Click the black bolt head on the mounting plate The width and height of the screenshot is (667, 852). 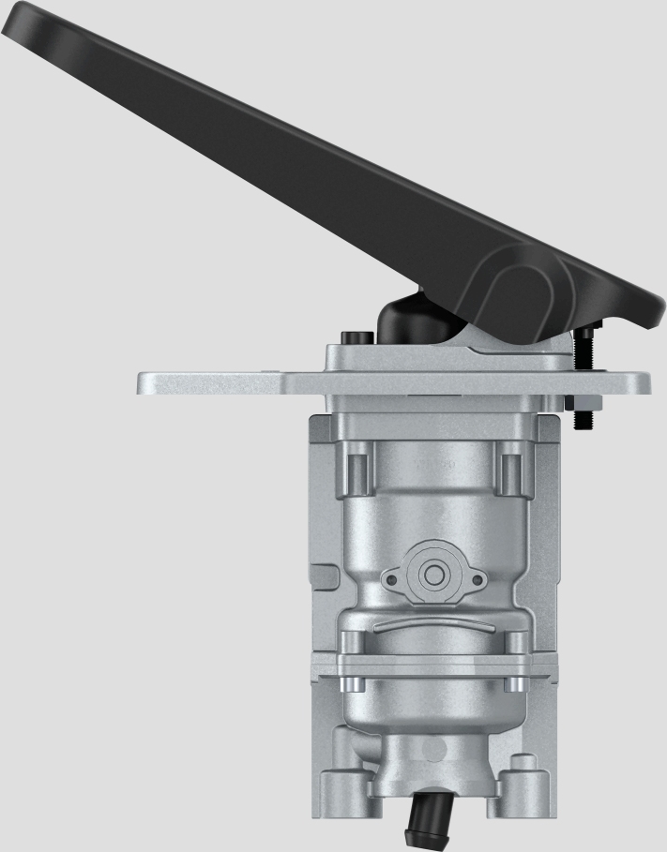355,337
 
